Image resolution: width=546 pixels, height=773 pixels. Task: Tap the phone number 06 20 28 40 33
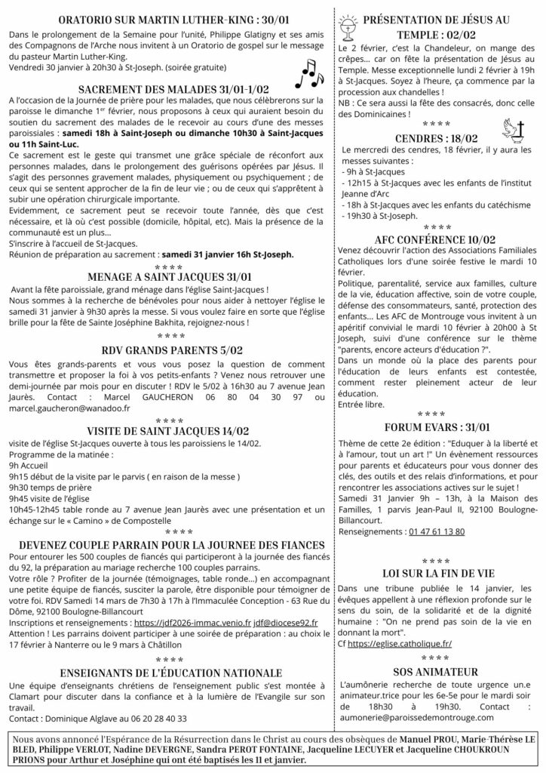coord(149,718)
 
